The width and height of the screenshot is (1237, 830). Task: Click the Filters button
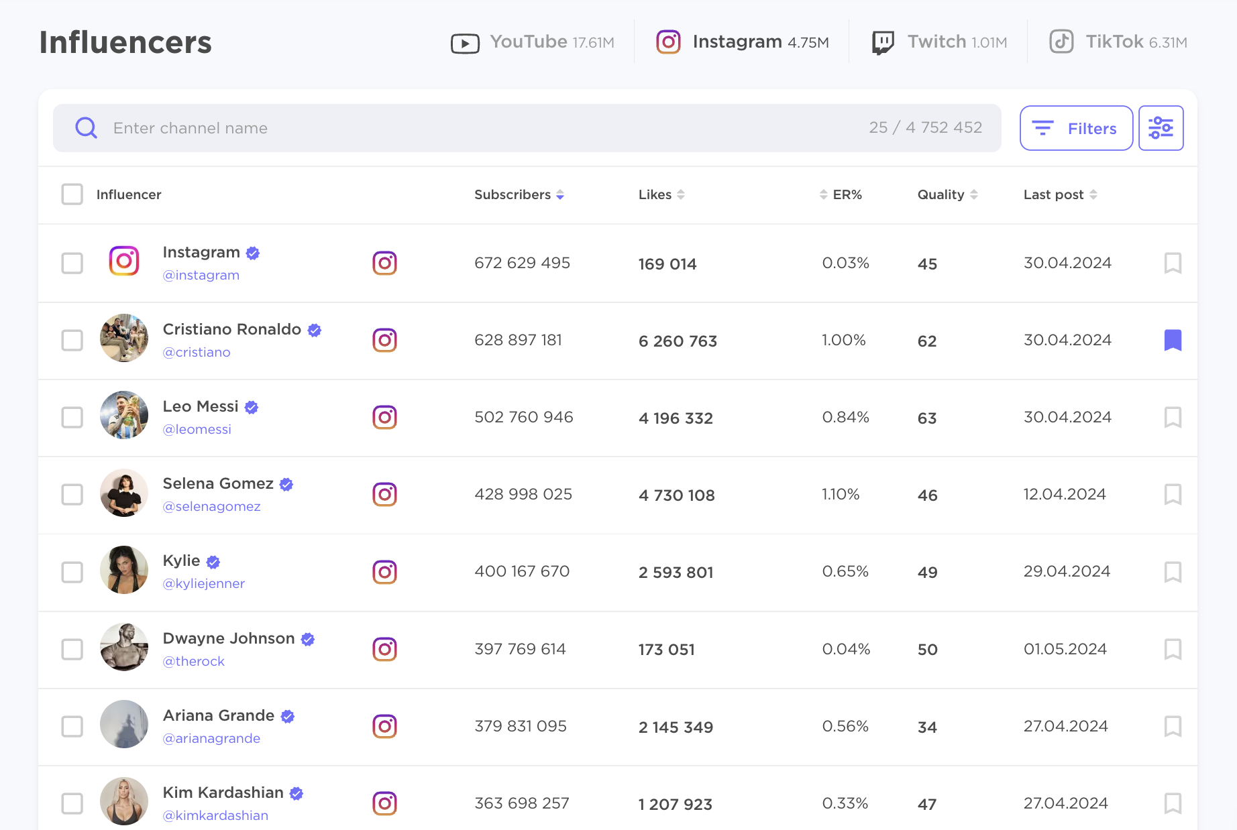pos(1076,128)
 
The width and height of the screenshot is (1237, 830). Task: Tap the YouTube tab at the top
pos(533,42)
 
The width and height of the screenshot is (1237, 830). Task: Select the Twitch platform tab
pos(939,42)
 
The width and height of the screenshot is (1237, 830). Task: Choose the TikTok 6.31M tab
pos(1118,42)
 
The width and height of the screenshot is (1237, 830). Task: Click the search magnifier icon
pos(87,127)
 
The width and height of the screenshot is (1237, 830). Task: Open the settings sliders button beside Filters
pos(1161,128)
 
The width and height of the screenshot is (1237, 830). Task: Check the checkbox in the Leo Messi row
pos(72,418)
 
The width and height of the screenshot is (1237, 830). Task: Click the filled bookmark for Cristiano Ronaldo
pos(1173,340)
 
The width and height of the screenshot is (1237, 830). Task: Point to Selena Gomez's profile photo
pos(124,493)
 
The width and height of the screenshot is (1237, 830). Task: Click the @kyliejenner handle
pos(203,583)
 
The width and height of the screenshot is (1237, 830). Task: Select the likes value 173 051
pos(666,649)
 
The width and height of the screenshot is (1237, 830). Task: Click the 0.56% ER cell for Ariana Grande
pos(845,726)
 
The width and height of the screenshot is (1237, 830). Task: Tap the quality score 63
pos(927,418)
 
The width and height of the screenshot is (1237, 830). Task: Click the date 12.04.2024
pos(1064,494)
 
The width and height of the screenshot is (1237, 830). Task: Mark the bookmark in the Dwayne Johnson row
pos(1173,649)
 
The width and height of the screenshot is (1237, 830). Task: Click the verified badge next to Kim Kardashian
pos(297,793)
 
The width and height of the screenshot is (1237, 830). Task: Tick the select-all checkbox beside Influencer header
pos(72,194)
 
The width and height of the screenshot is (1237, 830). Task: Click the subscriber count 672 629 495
pos(522,263)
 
